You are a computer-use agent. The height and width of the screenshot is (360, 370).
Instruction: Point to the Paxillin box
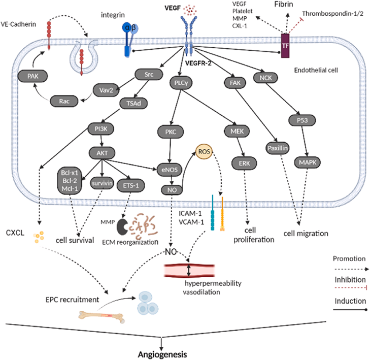pyautogui.click(x=278, y=148)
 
